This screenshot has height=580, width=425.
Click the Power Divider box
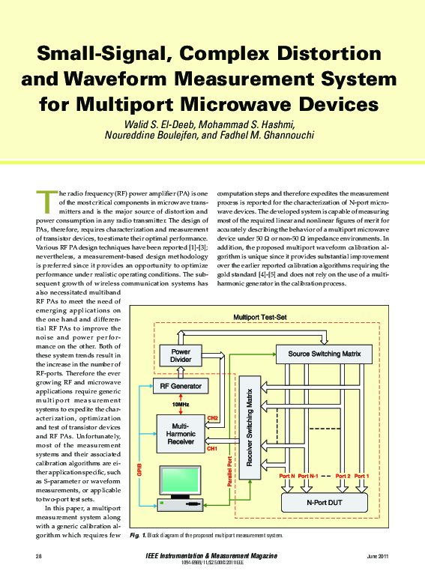pos(181,356)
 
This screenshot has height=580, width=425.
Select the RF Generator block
pos(176,387)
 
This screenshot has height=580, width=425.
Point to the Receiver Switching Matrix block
pos(248,432)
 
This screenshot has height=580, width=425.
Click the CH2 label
pos(212,417)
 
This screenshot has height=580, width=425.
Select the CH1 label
pos(211,448)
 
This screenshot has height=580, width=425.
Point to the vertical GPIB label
pos(139,470)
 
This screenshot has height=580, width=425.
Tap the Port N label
pos(285,476)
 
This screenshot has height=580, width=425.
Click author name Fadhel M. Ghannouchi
pos(256,135)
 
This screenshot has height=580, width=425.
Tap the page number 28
pos(38,555)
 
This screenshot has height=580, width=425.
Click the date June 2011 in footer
pos(377,555)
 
